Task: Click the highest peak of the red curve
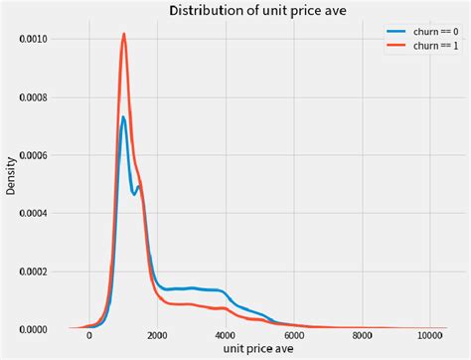pyautogui.click(x=124, y=34)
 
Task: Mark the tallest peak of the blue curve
pyautogui.click(x=123, y=117)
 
